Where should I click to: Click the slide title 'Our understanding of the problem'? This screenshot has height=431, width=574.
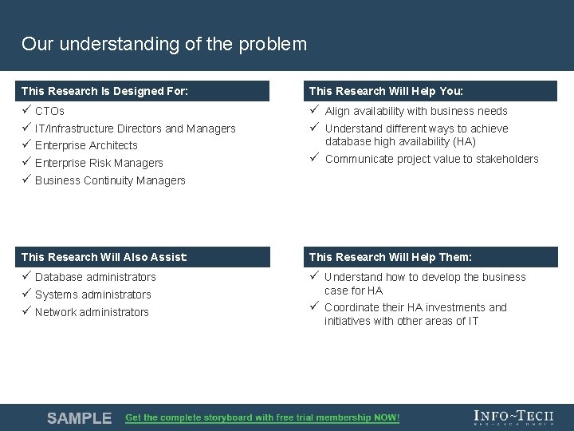164,44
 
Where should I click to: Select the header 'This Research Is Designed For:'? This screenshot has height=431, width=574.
104,91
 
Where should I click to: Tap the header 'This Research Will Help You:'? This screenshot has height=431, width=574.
386,91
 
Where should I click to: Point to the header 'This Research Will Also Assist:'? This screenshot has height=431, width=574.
104,257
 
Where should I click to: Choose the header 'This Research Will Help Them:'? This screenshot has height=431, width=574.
390,257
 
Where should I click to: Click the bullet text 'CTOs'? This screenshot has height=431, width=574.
49,111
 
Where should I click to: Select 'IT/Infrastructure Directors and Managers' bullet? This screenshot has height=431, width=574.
135,129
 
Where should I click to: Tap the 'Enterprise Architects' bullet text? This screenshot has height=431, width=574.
86,145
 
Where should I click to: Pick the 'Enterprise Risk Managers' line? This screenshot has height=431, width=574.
99,163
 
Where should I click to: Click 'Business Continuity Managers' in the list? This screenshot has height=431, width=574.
110,180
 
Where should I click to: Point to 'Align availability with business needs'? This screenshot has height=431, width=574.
415,111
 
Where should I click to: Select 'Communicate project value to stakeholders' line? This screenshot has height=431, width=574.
431,159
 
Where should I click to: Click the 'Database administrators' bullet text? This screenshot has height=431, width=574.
95,277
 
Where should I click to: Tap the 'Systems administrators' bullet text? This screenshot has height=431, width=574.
92,295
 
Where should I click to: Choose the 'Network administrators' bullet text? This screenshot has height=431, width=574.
92,312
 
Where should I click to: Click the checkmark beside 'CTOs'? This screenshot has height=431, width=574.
26,110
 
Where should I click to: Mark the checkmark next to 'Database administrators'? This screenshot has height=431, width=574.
26,276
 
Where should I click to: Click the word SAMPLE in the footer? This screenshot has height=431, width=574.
79,418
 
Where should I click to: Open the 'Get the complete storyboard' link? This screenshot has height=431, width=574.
262,418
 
